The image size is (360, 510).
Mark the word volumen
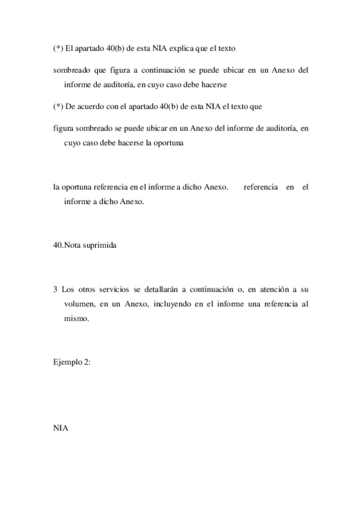(79, 304)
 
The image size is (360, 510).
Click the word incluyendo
(172, 304)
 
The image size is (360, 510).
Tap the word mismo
(76, 319)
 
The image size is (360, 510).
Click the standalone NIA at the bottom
(61, 428)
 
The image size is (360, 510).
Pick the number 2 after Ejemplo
(88, 363)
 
